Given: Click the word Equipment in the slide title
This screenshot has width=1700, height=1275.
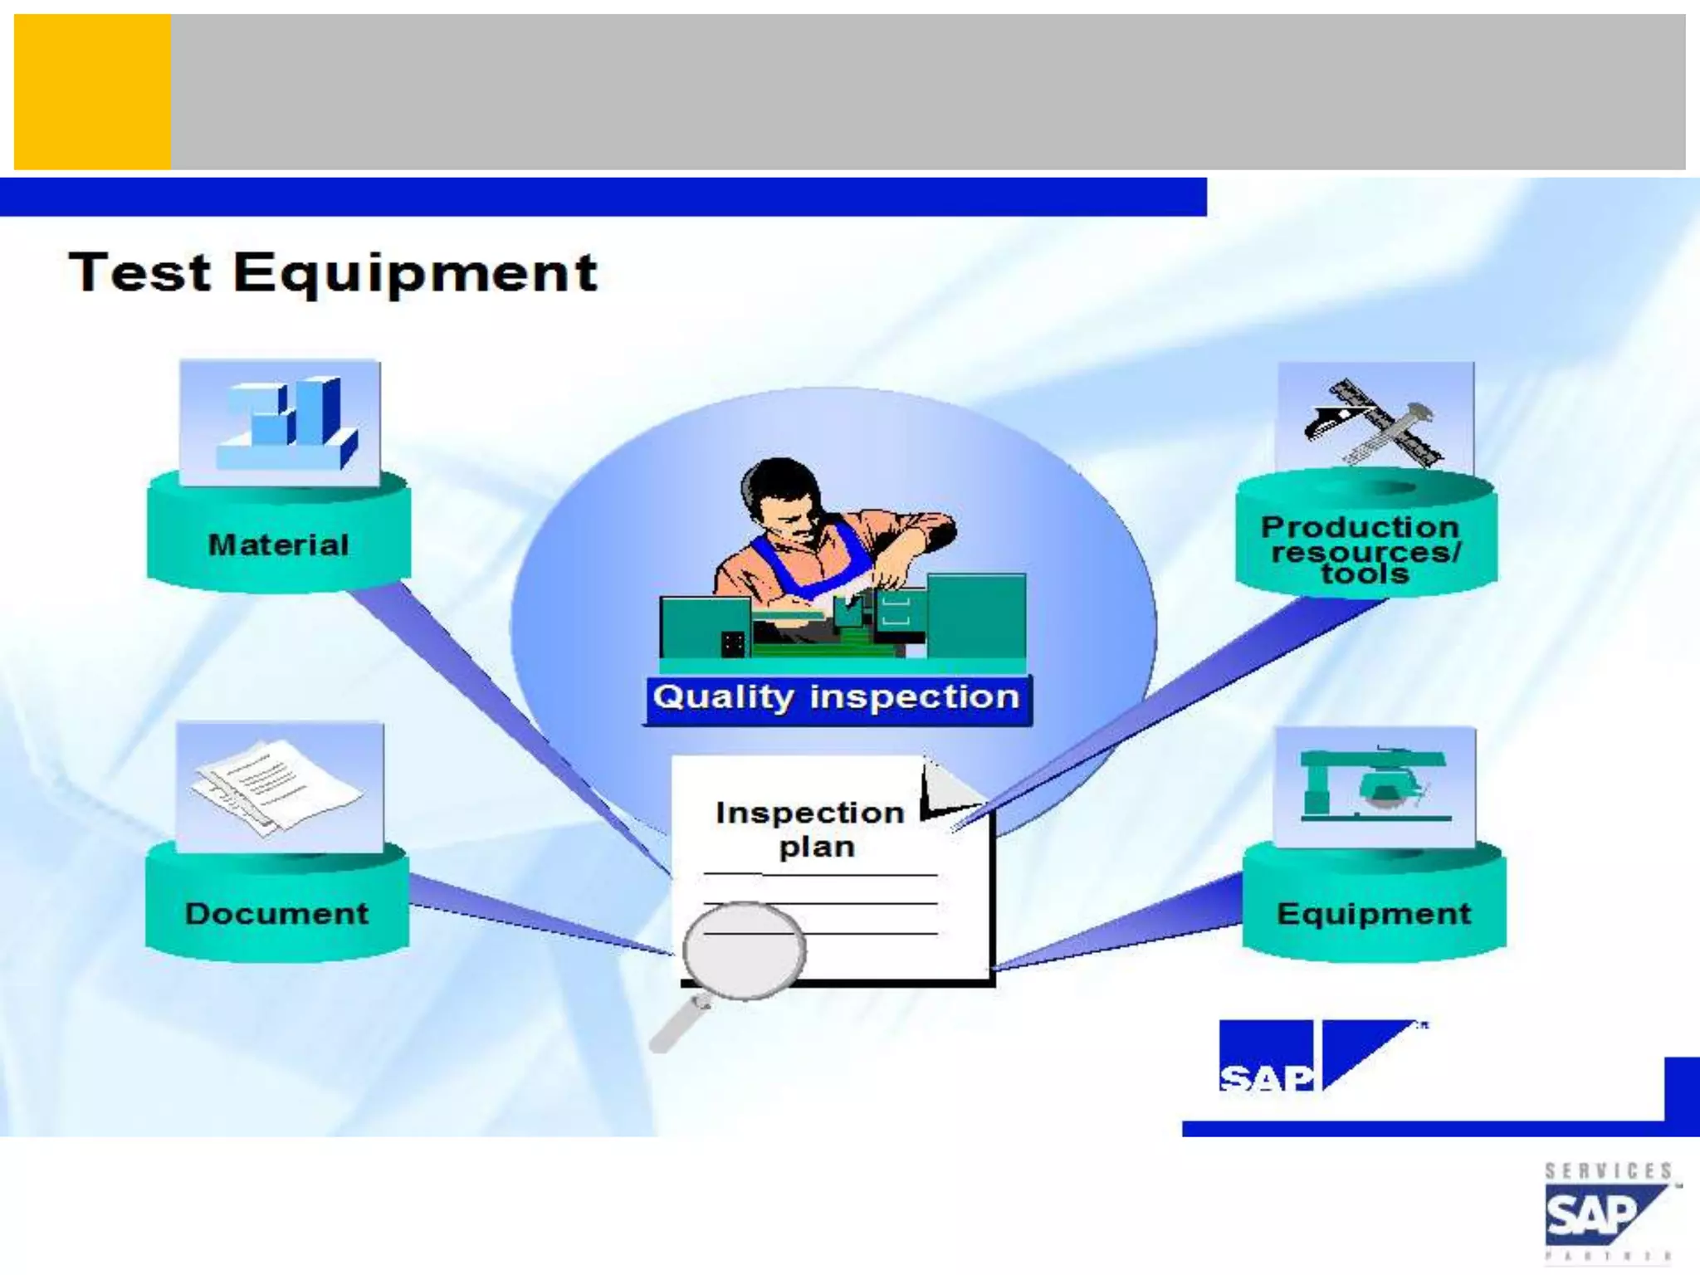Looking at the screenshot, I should pos(415,274).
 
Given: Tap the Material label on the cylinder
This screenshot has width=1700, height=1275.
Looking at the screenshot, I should pos(279,545).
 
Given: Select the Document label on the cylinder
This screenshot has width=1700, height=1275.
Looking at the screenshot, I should pos(276,914).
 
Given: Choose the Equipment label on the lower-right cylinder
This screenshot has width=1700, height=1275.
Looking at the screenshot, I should pos(1374,914).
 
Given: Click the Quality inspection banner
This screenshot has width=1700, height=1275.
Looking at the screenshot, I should pos(837,698).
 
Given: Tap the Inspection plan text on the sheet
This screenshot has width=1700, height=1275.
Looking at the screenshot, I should pos(811,829).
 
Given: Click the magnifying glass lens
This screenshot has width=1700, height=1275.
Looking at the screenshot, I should pos(744,951).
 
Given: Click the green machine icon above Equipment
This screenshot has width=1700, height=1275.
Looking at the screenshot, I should pos(1375,785).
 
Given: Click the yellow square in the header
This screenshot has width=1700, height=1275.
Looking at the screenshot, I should pos(92,91).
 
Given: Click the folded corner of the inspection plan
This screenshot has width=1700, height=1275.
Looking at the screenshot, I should pos(950,789).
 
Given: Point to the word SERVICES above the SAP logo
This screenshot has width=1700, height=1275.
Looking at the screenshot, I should pos(1608,1171).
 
